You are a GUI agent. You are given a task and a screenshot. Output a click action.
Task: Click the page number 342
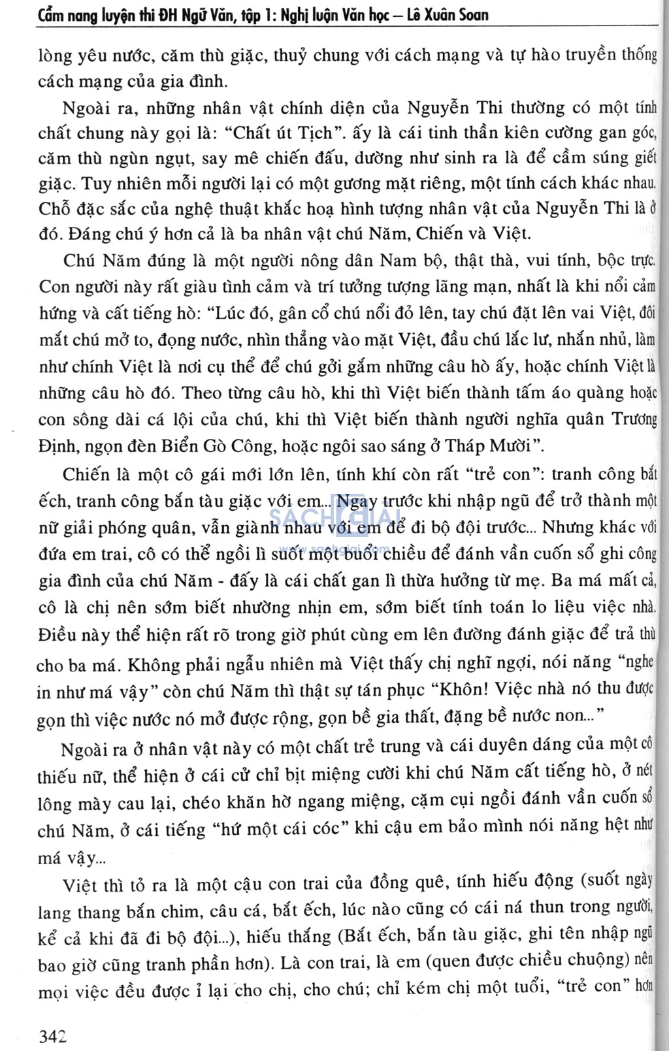click(53, 1036)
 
